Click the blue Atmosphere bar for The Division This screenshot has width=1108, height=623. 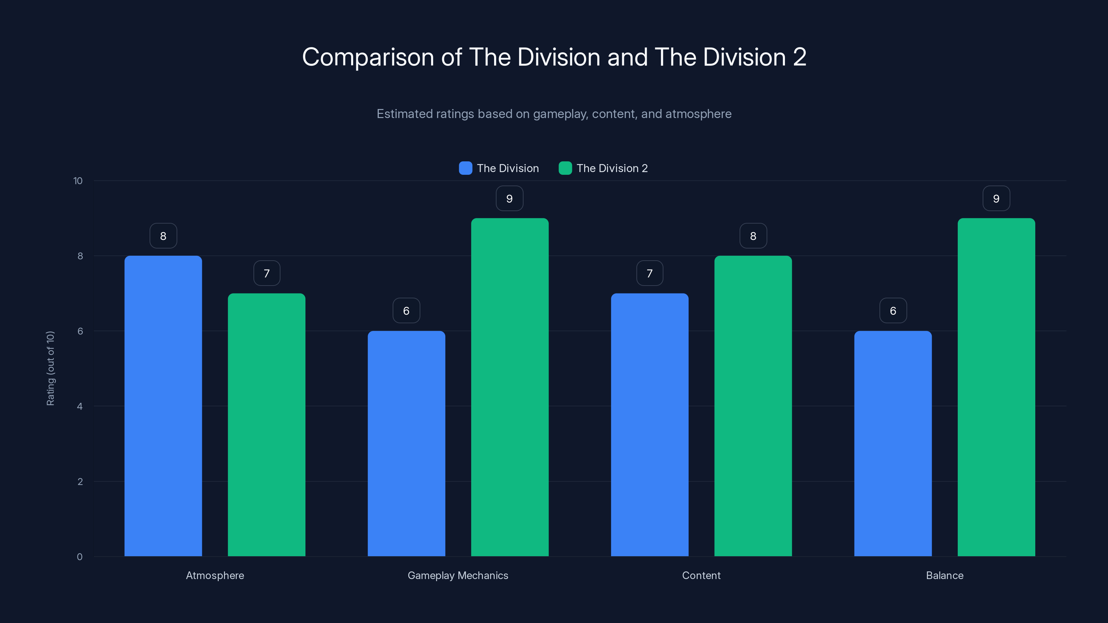tap(163, 406)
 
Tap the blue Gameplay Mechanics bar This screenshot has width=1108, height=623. tap(406, 443)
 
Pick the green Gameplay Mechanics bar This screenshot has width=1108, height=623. tap(510, 387)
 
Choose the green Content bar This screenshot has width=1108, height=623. tap(753, 406)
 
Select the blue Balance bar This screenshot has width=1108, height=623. tap(893, 443)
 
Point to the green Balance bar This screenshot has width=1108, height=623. tap(996, 387)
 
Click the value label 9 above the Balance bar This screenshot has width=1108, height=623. tap(996, 199)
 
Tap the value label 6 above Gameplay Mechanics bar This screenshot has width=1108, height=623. tap(406, 311)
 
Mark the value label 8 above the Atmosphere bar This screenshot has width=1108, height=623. tap(163, 236)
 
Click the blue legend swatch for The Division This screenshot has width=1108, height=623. tap(465, 168)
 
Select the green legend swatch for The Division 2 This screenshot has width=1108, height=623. tap(565, 168)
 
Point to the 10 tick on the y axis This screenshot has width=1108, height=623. tap(78, 181)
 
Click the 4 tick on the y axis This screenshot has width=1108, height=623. tap(80, 406)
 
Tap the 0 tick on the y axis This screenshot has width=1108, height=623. tap(80, 557)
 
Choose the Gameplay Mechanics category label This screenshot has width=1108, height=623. tap(458, 575)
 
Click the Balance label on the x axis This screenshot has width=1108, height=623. tap(945, 575)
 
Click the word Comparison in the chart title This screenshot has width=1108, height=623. tap(368, 57)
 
